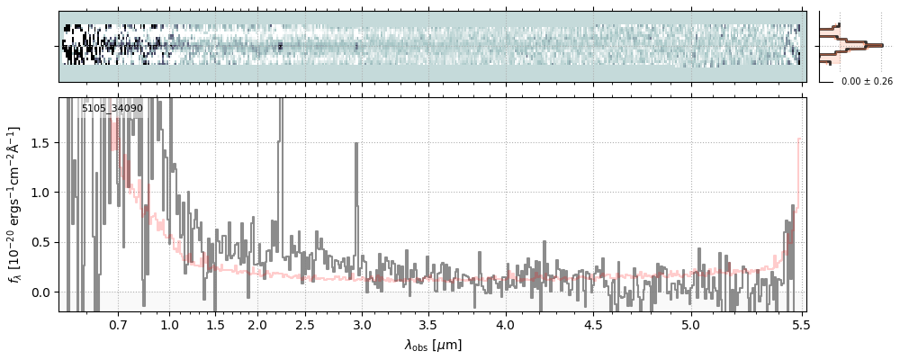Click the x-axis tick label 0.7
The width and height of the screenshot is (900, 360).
[118, 324]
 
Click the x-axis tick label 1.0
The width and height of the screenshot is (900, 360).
[170, 324]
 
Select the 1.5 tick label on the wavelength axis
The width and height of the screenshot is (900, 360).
[216, 324]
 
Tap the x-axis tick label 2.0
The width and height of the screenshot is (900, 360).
[257, 324]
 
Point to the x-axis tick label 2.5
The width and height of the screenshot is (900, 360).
[305, 324]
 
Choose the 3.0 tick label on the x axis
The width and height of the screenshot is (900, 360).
[362, 324]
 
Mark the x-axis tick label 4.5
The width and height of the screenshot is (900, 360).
[596, 324]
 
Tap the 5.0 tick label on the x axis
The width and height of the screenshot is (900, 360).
[690, 324]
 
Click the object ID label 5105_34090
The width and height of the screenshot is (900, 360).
[112, 109]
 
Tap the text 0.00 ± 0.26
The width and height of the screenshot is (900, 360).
[867, 82]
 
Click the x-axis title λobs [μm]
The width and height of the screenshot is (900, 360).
[433, 345]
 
